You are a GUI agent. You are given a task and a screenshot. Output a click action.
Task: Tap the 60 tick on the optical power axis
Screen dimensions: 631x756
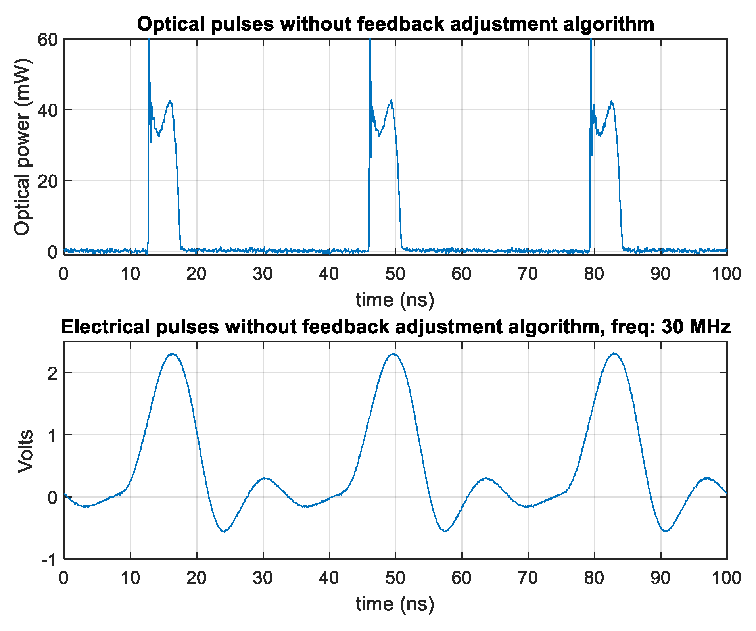pyautogui.click(x=47, y=40)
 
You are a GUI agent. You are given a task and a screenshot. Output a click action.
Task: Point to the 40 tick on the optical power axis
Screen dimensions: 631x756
pyautogui.click(x=47, y=110)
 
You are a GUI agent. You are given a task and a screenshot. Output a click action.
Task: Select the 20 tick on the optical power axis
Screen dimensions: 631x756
pyautogui.click(x=47, y=181)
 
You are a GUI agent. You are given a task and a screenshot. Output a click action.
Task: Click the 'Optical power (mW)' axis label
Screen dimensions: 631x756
pyautogui.click(x=22, y=147)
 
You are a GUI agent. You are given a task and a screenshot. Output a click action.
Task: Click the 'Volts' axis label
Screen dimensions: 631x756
pyautogui.click(x=25, y=451)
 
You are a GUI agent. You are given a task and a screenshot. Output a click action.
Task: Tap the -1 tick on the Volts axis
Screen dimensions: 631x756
pyautogui.click(x=50, y=560)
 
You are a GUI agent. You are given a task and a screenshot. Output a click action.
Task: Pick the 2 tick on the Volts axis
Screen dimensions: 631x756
pyautogui.click(x=53, y=373)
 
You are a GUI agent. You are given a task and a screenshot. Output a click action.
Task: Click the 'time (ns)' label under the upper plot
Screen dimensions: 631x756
pyautogui.click(x=395, y=300)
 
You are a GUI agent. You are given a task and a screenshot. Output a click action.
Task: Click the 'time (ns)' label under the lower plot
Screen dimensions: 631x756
pyautogui.click(x=395, y=604)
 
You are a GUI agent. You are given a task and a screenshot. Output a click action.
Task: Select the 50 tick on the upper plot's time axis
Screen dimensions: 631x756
pyautogui.click(x=395, y=274)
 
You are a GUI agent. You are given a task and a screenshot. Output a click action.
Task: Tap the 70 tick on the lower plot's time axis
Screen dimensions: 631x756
pyautogui.click(x=528, y=578)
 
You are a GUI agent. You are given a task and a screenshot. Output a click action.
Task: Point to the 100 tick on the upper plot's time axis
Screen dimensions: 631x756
pyautogui.click(x=726, y=274)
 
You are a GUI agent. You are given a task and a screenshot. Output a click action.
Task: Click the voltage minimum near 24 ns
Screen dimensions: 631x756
pyautogui.click(x=224, y=531)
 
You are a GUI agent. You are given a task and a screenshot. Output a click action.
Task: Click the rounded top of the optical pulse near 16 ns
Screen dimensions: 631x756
pyautogui.click(x=170, y=101)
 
